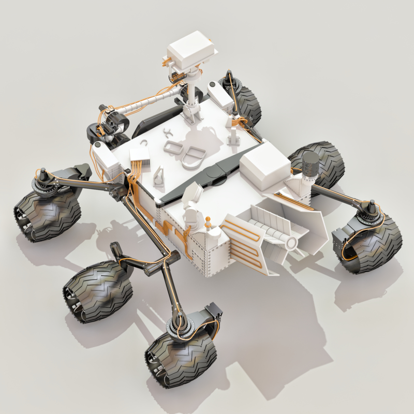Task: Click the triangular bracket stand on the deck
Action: point(160,176)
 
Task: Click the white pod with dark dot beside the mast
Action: point(218,93)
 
